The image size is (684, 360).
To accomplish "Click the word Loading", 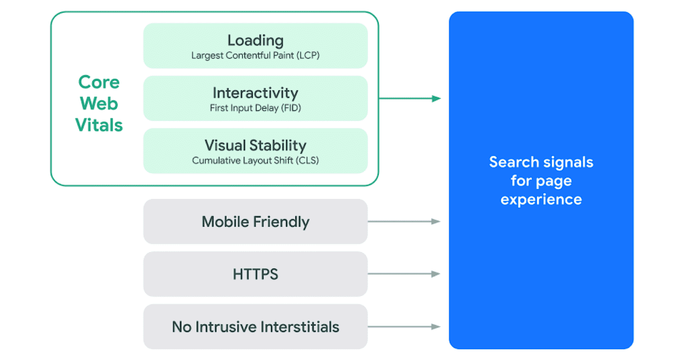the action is click(256, 40).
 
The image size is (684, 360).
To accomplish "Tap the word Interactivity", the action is click(255, 93).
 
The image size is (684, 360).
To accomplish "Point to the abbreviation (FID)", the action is click(291, 108).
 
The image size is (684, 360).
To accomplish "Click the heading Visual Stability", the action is click(255, 146).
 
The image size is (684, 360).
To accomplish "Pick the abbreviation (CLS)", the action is click(307, 160).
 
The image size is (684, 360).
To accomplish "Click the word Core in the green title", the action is click(99, 82).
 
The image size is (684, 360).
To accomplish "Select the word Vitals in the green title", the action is click(99, 125).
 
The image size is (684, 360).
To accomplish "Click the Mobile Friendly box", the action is click(255, 221).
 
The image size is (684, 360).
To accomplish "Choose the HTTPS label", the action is click(255, 274).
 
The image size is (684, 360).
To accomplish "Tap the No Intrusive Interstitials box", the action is click(255, 326).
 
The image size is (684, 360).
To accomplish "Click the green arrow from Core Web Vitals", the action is click(410, 98).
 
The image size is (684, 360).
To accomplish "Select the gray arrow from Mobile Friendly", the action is click(404, 221).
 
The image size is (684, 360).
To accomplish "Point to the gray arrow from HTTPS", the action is click(404, 274).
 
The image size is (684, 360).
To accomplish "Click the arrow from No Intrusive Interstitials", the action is click(404, 326).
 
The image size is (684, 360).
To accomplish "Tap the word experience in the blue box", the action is click(541, 200).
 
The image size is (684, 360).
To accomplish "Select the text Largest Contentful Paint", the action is click(243, 55).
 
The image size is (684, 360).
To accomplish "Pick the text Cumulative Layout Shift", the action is click(243, 160).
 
